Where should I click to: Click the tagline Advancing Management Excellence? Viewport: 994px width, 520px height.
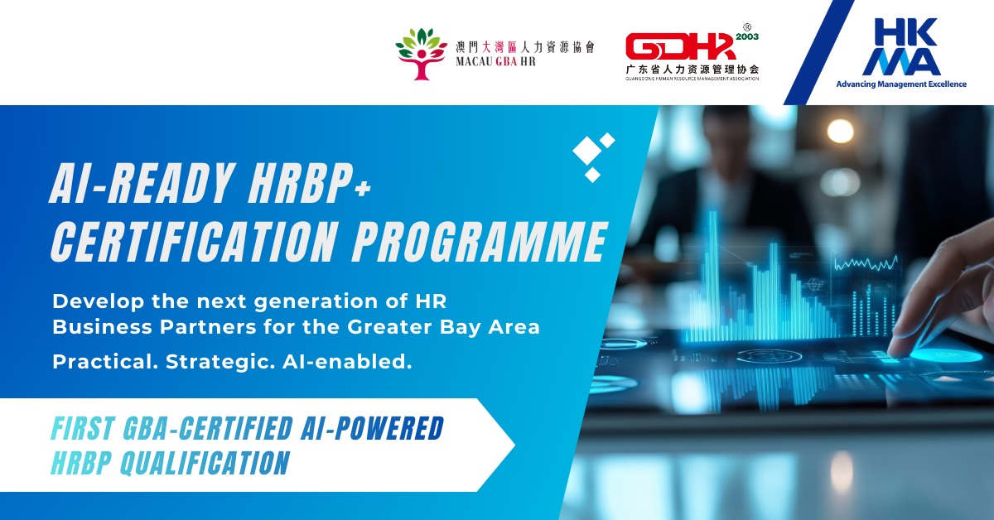(x=900, y=84)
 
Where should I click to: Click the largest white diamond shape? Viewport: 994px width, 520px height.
(x=586, y=150)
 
